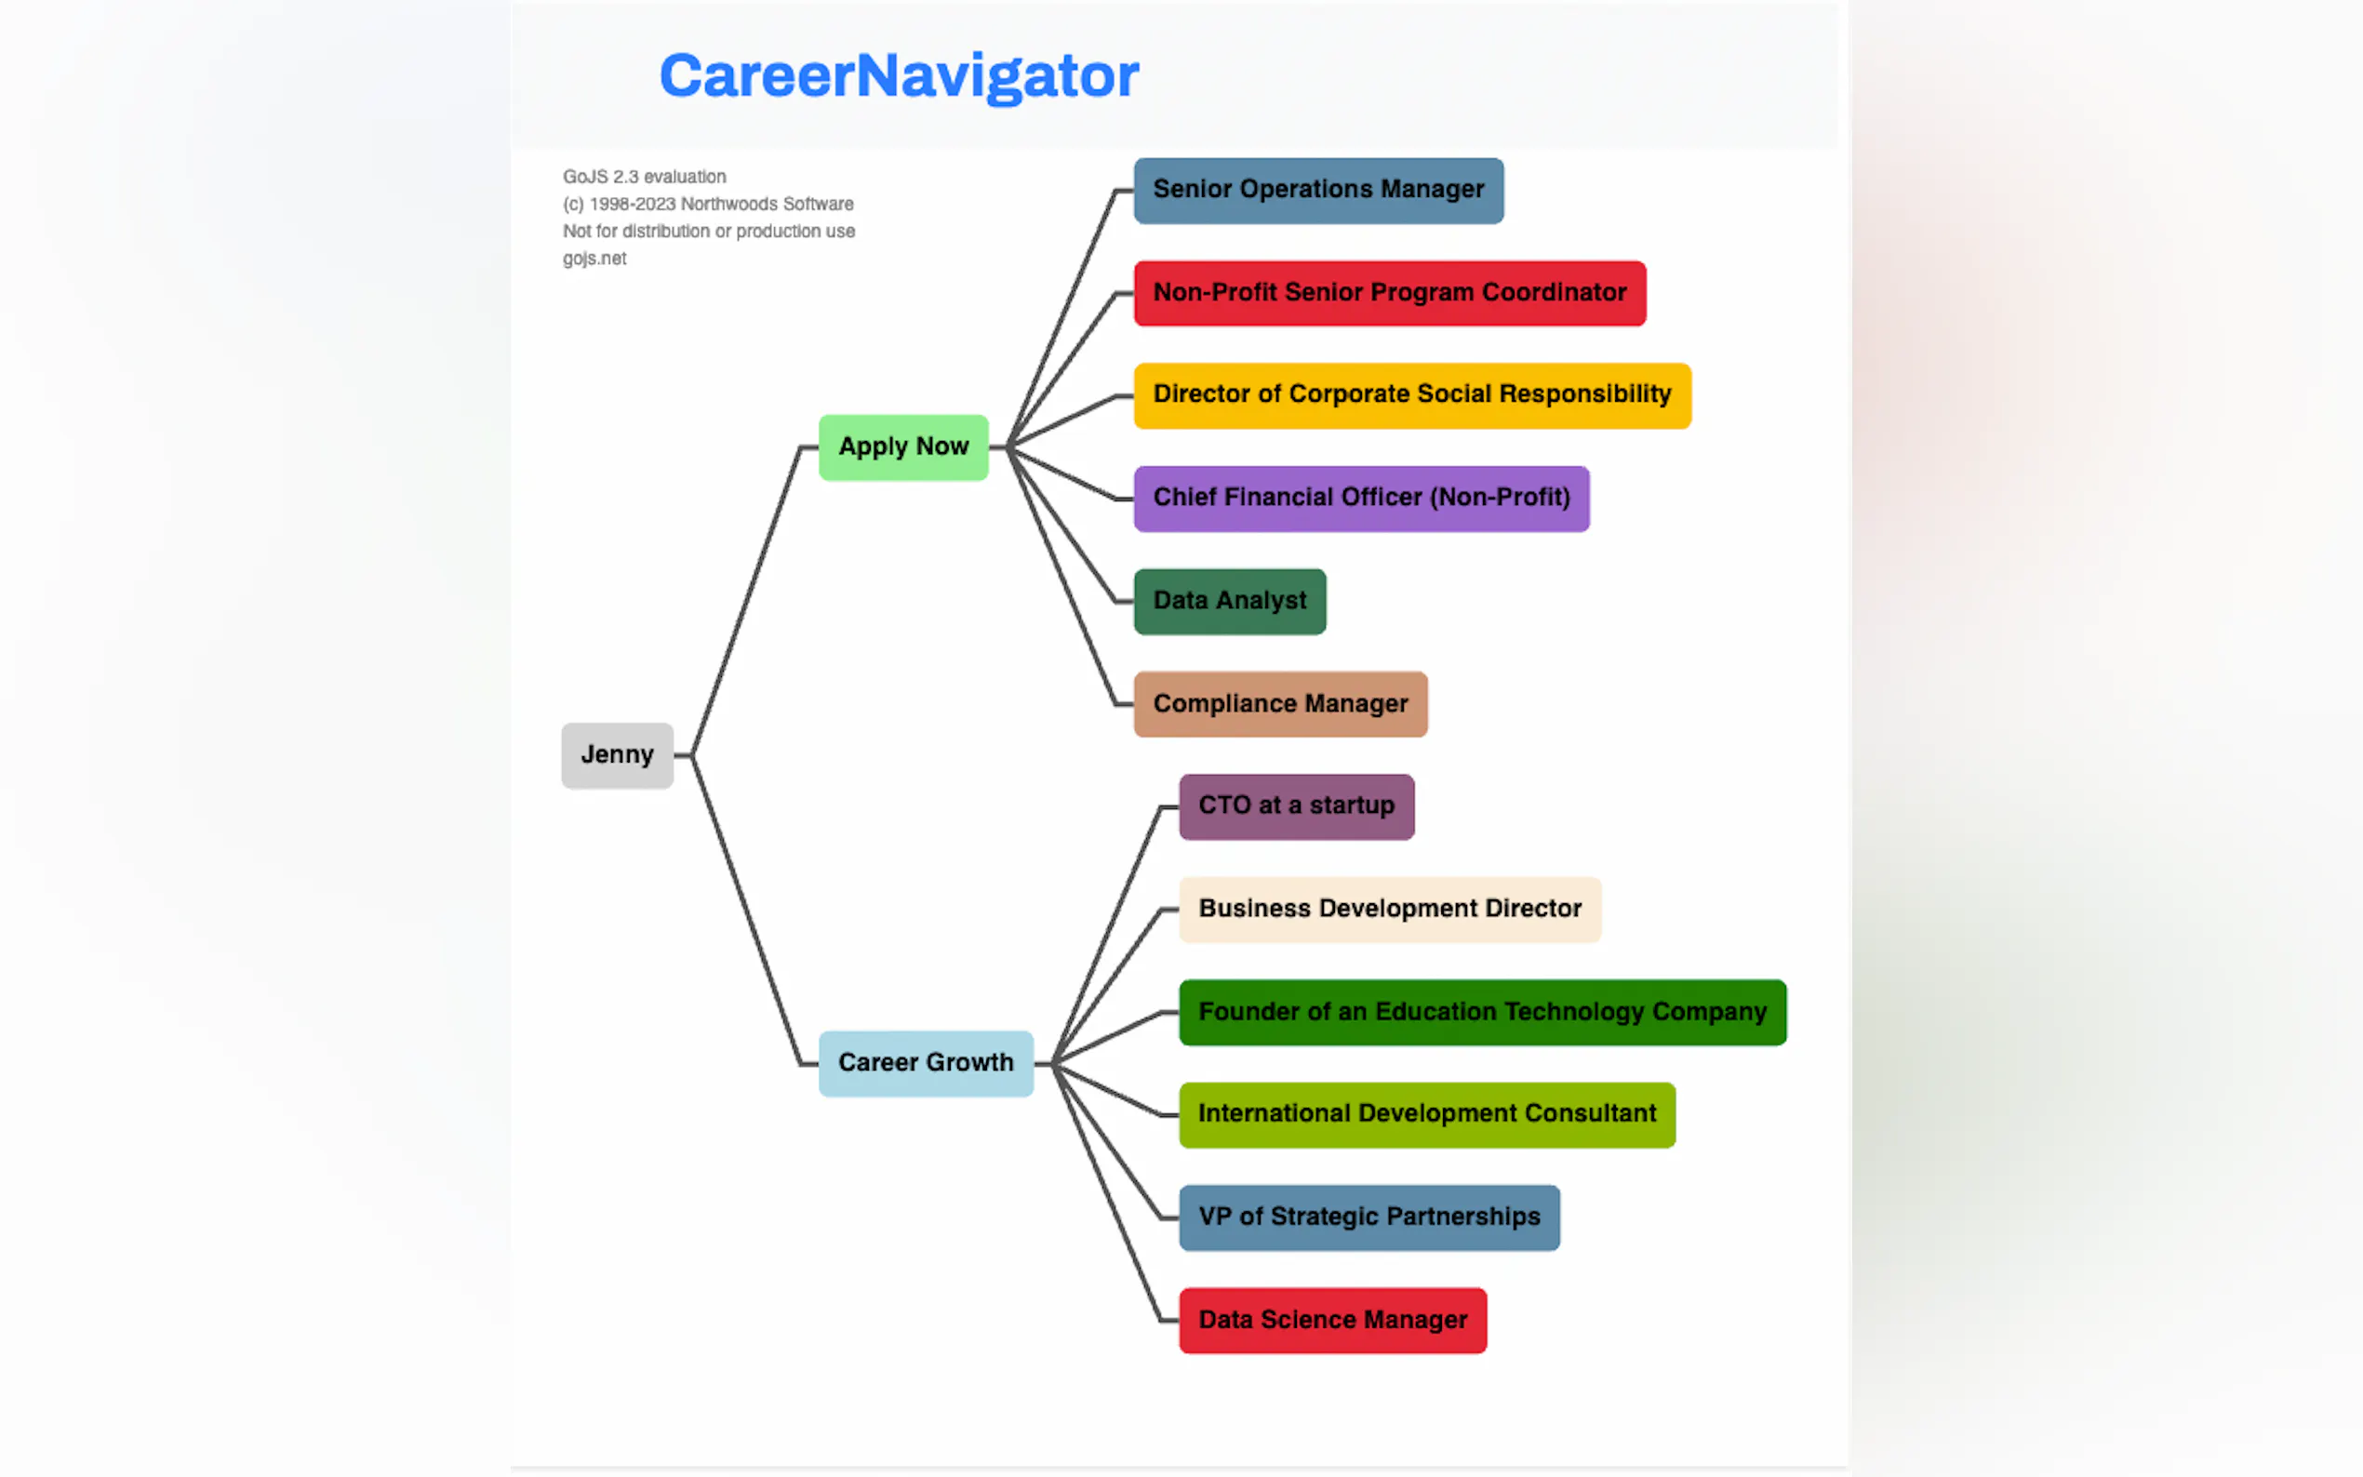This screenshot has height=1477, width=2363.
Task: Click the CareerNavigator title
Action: (x=899, y=76)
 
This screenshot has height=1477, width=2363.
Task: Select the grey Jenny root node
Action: (x=617, y=755)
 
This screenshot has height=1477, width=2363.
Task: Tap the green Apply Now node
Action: (x=902, y=447)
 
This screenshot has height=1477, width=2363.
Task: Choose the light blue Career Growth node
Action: (x=925, y=1063)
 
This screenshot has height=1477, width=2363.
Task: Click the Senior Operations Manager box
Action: (x=1317, y=191)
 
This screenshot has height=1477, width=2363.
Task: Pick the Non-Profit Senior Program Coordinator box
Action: (x=1389, y=293)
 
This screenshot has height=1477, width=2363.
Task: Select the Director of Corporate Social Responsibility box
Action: (x=1411, y=395)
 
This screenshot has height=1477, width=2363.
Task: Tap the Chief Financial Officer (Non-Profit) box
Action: (x=1361, y=499)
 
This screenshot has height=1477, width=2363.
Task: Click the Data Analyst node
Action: (x=1229, y=602)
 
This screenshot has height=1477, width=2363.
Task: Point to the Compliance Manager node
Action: (x=1280, y=704)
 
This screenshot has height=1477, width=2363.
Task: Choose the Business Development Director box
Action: (x=1389, y=910)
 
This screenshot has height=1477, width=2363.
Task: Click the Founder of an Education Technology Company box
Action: (x=1482, y=1012)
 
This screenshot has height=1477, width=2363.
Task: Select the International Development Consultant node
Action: (x=1426, y=1114)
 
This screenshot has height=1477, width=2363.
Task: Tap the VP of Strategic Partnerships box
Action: (x=1368, y=1218)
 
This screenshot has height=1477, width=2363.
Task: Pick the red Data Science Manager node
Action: (x=1332, y=1321)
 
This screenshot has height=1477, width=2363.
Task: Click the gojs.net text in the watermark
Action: (x=594, y=259)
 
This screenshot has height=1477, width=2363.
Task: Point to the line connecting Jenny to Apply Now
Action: (x=746, y=601)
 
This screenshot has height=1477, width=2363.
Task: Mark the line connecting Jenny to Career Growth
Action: (x=746, y=909)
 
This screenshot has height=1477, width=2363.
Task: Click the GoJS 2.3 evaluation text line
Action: (x=644, y=177)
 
